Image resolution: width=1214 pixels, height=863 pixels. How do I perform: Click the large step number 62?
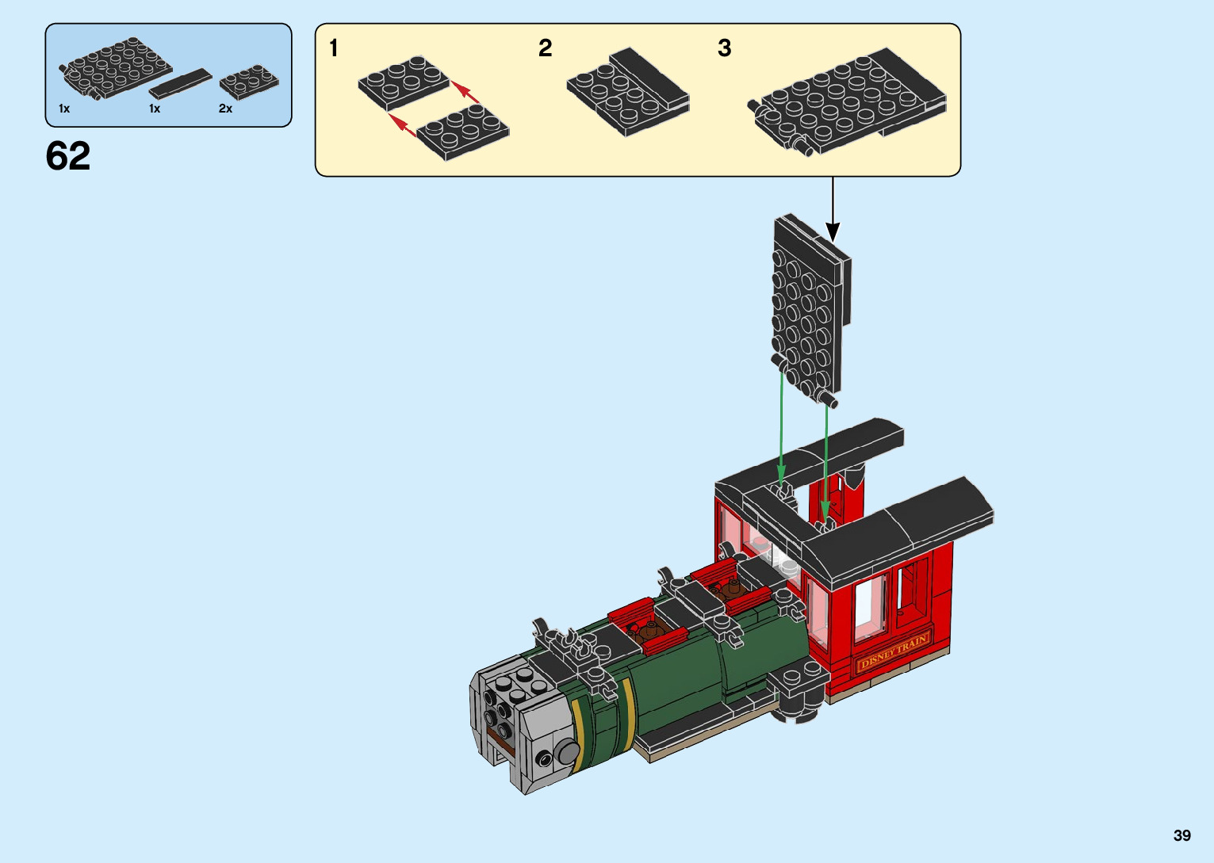67,156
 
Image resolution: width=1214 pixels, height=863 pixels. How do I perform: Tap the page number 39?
1182,834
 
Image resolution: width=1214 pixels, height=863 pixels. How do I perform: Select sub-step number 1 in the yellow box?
333,48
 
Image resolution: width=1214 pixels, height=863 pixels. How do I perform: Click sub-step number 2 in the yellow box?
546,48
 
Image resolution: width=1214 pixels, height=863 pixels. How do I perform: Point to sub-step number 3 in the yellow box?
725,48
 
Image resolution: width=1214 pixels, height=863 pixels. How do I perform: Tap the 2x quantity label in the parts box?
225,109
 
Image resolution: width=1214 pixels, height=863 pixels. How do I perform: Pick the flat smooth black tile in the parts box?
180,83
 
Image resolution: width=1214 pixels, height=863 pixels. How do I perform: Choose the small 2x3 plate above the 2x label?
249,82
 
